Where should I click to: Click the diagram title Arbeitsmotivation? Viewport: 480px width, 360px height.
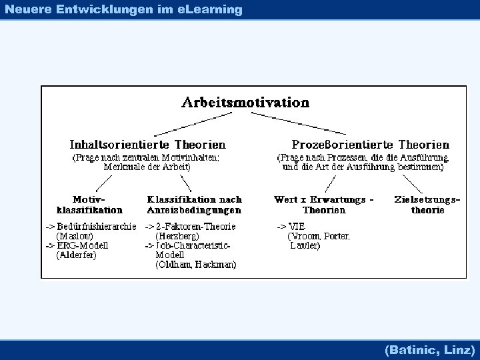coord(245,103)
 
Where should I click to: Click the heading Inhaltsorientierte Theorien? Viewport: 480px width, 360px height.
coord(147,144)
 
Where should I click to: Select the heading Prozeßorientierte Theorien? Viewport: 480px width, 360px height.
coord(371,144)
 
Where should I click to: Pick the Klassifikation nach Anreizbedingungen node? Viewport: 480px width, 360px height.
coord(194,205)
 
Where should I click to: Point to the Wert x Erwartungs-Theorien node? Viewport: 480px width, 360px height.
coord(324,205)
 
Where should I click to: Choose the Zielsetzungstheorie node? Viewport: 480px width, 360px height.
coord(427,205)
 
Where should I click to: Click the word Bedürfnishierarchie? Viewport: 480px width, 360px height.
coord(97,226)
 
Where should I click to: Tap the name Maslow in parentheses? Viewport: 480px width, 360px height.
coord(75,236)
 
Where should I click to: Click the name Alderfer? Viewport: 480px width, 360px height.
coord(77,255)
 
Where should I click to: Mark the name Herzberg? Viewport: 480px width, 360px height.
coord(177,236)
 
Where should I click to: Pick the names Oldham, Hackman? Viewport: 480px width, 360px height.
coord(195,265)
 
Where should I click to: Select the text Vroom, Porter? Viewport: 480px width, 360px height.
coord(318,236)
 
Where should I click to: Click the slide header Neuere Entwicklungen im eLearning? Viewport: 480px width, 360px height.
coord(123,9)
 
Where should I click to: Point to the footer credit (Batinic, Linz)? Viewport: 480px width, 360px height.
coord(430,349)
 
